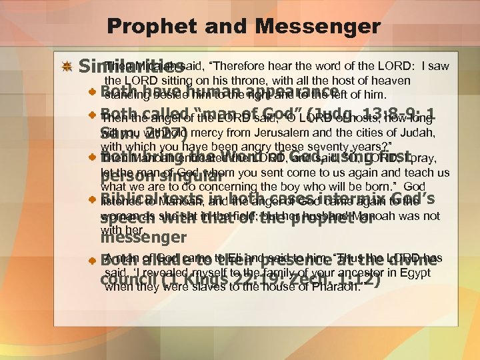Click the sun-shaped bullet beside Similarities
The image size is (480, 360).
pyautogui.click(x=67, y=68)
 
